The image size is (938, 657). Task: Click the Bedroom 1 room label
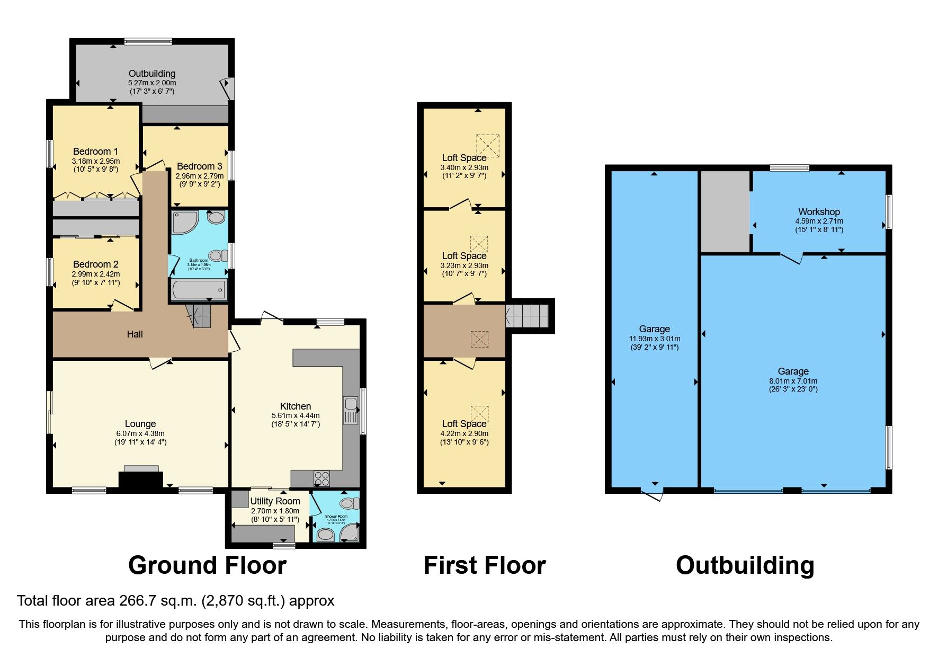click(95, 152)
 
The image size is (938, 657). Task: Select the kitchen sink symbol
click(351, 411)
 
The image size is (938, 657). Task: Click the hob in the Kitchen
click(321, 478)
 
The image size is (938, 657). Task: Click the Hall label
click(135, 334)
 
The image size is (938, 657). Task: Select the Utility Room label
click(275, 501)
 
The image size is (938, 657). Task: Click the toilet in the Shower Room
click(347, 502)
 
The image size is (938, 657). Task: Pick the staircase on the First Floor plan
click(527, 316)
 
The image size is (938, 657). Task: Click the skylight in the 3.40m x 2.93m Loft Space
click(488, 145)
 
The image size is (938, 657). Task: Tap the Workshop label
click(819, 212)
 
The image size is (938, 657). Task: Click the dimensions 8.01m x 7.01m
click(793, 381)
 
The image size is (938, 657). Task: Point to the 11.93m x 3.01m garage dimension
click(654, 339)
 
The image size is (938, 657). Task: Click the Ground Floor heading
click(207, 565)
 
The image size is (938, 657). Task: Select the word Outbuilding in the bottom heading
click(745, 565)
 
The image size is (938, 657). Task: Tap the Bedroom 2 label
click(95, 264)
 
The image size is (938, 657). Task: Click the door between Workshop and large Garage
click(792, 258)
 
